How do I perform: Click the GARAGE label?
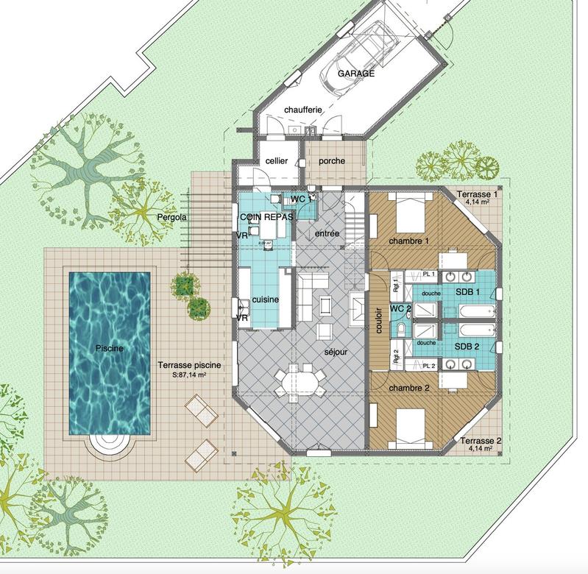pyautogui.click(x=356, y=74)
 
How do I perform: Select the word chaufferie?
pyautogui.click(x=302, y=110)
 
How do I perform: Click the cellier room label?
pyautogui.click(x=266, y=161)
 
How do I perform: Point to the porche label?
pyautogui.click(x=331, y=161)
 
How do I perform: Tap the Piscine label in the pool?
pyautogui.click(x=109, y=348)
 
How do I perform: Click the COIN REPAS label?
pyautogui.click(x=266, y=218)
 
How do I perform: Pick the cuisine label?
pyautogui.click(x=265, y=300)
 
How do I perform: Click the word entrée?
pyautogui.click(x=327, y=233)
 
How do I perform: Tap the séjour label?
pyautogui.click(x=335, y=352)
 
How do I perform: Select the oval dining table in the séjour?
pyautogui.click(x=300, y=381)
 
